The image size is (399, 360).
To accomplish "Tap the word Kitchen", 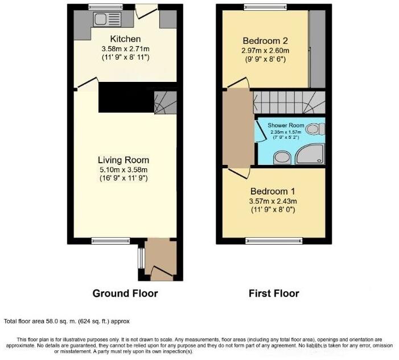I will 125,39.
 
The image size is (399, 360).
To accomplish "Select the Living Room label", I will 124,160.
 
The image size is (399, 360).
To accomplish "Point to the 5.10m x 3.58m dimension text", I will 124,169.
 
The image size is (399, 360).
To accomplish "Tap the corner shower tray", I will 312,154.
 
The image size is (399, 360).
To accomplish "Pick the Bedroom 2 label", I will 265,41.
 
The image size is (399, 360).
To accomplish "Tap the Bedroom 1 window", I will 273,241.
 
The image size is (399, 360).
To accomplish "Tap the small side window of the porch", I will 140,259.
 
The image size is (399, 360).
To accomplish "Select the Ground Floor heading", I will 125,293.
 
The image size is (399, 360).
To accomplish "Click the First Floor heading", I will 273,293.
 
